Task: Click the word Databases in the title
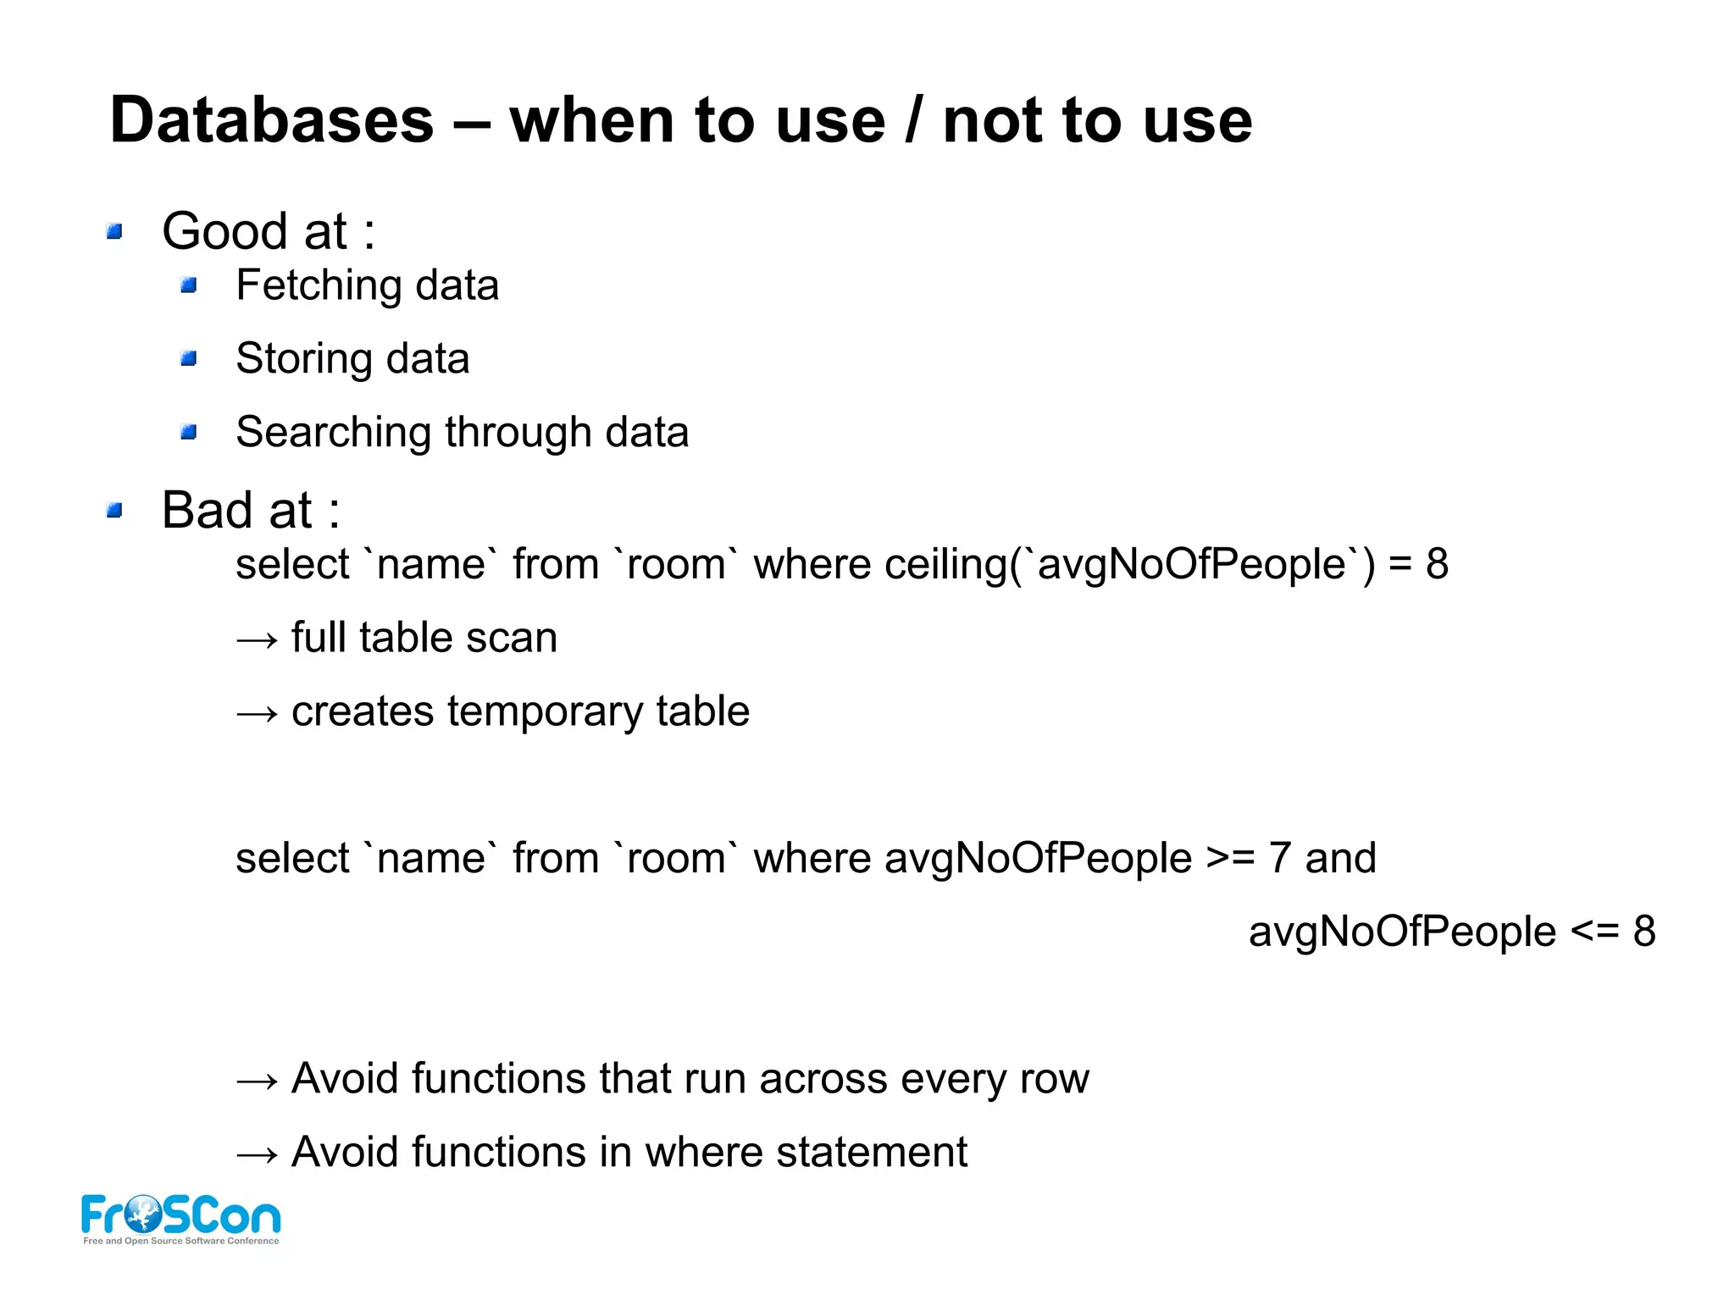pos(272,120)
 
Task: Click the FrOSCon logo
pos(180,1219)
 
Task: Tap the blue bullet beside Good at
pos(115,231)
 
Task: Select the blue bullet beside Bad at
pos(115,510)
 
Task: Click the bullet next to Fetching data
pos(189,285)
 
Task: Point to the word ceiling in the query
pos(945,564)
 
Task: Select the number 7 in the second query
pos(1279,858)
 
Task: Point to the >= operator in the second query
pos(1230,858)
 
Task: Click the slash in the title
pos(913,120)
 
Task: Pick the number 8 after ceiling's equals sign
pos(1437,564)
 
